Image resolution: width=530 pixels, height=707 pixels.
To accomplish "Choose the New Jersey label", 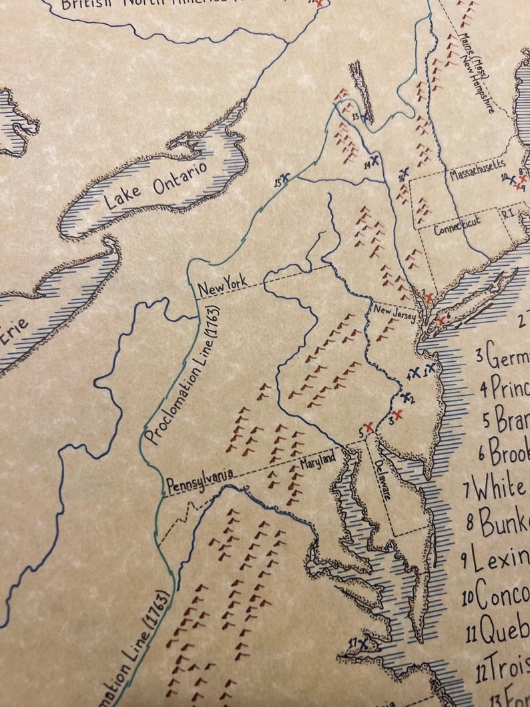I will tap(394, 312).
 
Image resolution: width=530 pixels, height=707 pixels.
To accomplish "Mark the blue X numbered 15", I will tap(286, 178).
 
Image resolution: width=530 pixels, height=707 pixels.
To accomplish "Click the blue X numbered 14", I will tap(375, 160).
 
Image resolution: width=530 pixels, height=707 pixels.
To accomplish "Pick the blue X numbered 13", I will tap(366, 118).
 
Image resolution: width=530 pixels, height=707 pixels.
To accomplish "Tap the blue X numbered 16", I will tap(403, 173).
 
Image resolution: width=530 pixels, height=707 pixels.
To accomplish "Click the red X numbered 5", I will tap(368, 427).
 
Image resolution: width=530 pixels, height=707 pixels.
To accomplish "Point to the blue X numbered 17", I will tap(363, 643).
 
